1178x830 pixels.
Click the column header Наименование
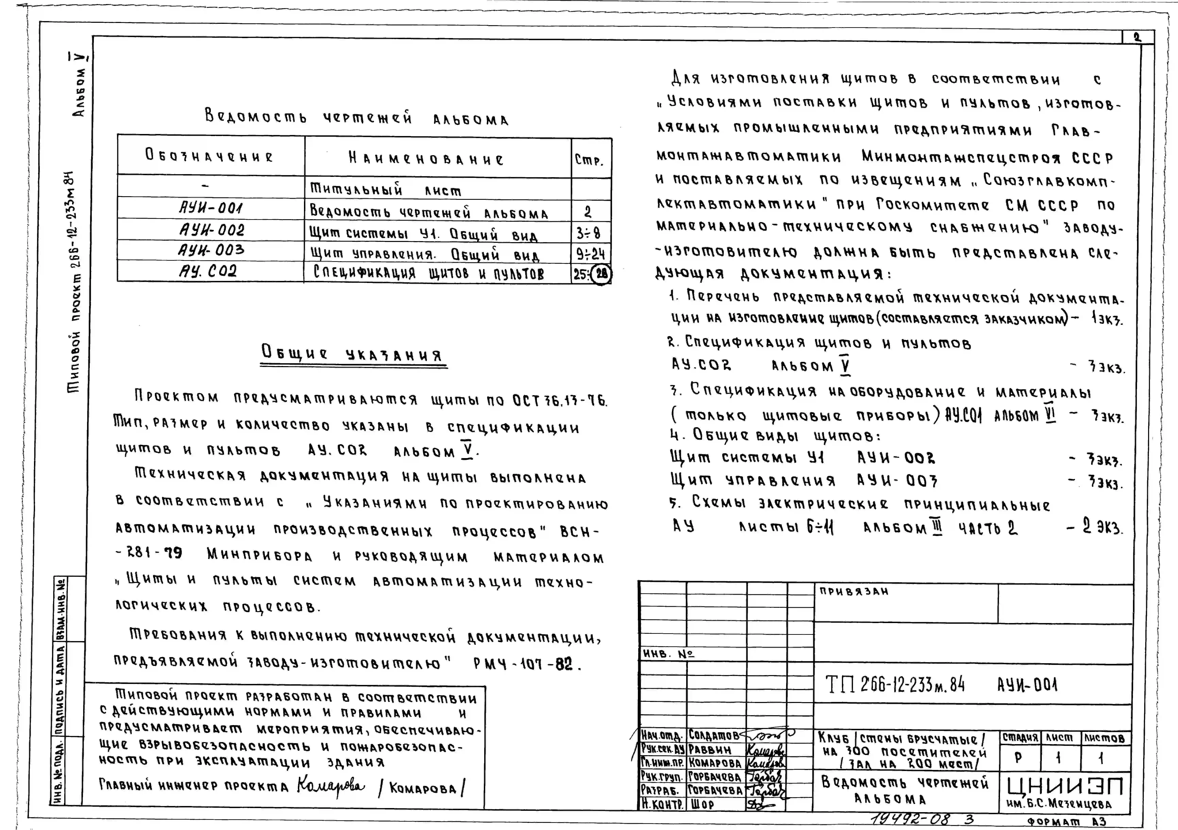coord(426,158)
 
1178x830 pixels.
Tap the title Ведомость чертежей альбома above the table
coord(357,118)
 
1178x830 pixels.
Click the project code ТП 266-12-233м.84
coord(895,684)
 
